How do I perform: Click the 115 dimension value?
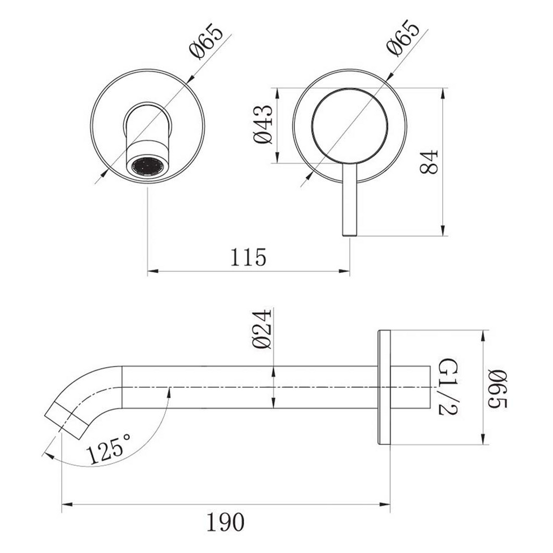tap(248, 258)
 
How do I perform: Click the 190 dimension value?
tap(225, 522)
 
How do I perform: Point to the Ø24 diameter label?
tap(262, 329)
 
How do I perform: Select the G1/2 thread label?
tap(448, 387)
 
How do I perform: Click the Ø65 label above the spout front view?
tap(206, 41)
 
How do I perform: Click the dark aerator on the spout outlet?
tap(146, 167)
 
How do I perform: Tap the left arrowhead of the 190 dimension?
tap(66, 505)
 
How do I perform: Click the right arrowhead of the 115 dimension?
tap(346, 271)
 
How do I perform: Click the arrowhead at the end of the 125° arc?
tap(48, 455)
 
